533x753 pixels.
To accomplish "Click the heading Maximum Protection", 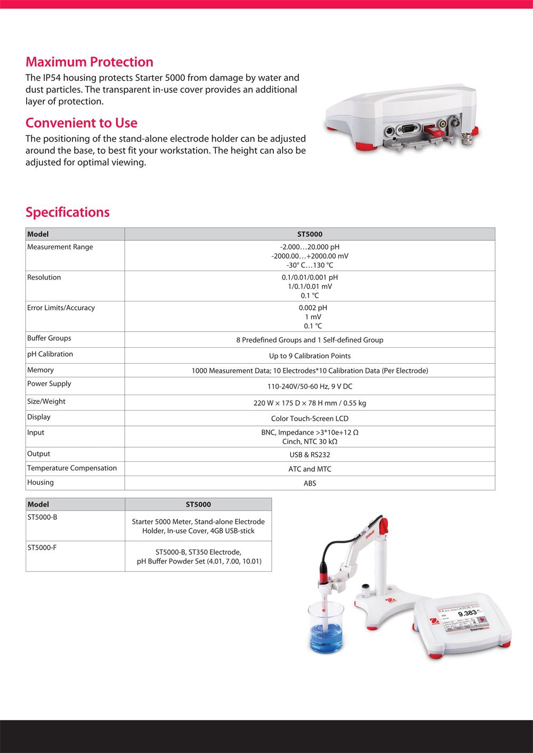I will click(x=89, y=62).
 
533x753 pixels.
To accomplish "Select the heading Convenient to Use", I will click(x=81, y=123).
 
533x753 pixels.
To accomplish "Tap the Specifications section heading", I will click(x=67, y=212).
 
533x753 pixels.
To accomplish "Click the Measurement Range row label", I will click(x=60, y=247).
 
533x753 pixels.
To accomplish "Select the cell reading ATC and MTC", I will click(x=309, y=469).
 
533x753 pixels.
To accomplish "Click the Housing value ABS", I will click(x=309, y=484).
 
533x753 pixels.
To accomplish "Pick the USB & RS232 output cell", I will click(x=309, y=455).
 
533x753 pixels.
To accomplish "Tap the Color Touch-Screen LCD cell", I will click(x=309, y=419).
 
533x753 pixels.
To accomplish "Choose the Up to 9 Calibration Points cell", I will click(x=309, y=356).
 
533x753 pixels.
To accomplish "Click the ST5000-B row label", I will click(x=42, y=517).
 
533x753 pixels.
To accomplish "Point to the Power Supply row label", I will click(x=49, y=384).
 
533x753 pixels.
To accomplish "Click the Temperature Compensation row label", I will click(x=71, y=468).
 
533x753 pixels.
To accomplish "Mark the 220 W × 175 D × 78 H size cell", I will click(x=309, y=403).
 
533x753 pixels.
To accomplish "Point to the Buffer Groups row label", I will click(x=49, y=338).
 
